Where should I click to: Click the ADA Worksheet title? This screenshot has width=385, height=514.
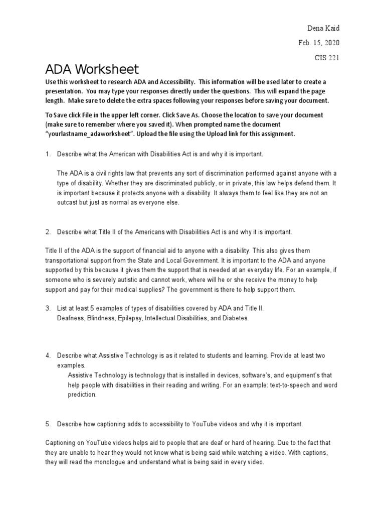tap(92, 69)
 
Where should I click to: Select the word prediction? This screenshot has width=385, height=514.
tap(83, 395)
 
